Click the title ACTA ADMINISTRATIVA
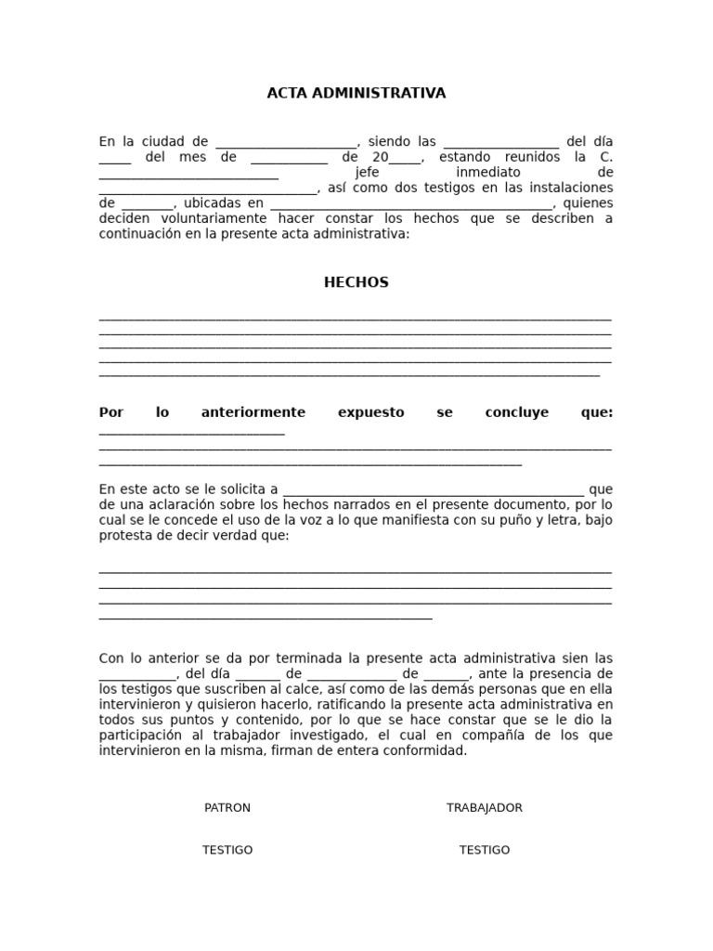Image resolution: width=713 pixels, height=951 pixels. coord(356,93)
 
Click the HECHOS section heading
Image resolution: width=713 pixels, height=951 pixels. coord(356,282)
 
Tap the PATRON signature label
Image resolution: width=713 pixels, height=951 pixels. coord(227,808)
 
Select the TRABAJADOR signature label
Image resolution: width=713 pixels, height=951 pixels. coord(485,808)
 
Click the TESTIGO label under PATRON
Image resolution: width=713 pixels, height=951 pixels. coord(227,850)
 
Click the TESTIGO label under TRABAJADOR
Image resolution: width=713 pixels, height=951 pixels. coord(485,850)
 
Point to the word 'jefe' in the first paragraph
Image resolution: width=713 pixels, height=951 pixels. coord(368,173)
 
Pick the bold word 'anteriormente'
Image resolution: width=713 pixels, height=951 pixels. coord(253,412)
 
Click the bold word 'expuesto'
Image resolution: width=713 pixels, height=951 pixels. coord(371,412)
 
